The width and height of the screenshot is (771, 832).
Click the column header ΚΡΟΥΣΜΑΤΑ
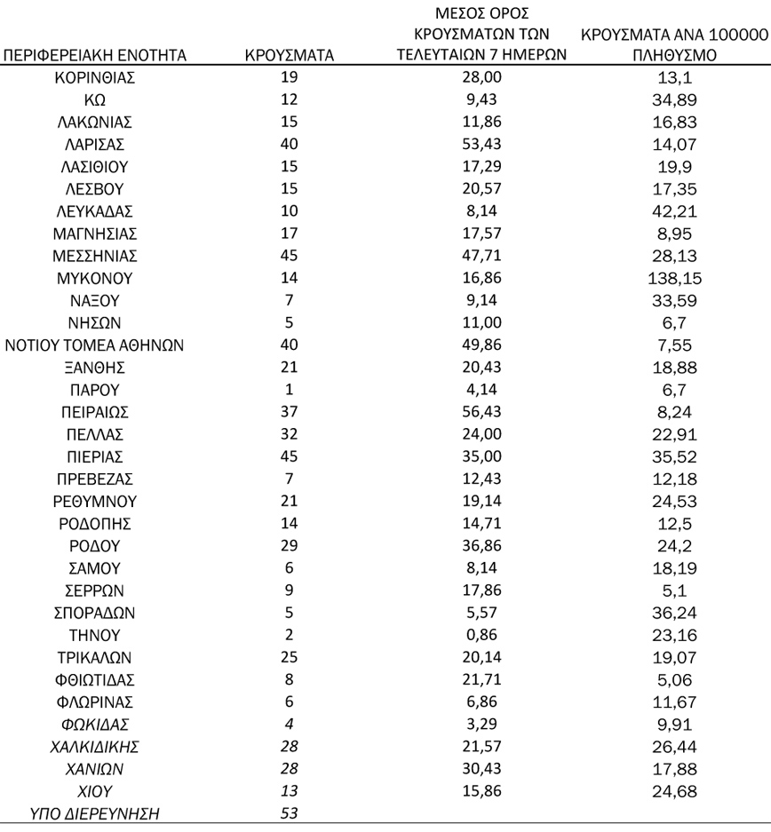pyautogui.click(x=289, y=56)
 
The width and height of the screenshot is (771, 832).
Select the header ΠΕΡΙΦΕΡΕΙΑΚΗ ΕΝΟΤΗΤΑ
pyautogui.click(x=95, y=56)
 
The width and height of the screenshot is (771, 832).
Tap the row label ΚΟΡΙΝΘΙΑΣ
pyautogui.click(x=94, y=78)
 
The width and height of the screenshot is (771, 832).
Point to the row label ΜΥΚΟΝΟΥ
pyautogui.click(x=94, y=279)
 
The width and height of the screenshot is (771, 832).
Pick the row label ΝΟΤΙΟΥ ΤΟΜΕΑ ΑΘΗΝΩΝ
pyautogui.click(x=94, y=345)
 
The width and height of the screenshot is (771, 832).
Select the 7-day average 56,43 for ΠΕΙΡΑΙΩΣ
pyautogui.click(x=483, y=412)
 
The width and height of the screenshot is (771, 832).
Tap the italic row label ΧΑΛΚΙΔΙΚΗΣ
pyautogui.click(x=94, y=747)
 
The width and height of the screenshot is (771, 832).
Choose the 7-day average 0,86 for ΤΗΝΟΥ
pyautogui.click(x=483, y=635)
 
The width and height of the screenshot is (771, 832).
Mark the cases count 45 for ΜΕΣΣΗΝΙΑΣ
pyautogui.click(x=289, y=257)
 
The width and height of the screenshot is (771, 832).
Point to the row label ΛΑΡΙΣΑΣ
pyautogui.click(x=94, y=145)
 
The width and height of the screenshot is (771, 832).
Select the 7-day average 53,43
pyautogui.click(x=483, y=145)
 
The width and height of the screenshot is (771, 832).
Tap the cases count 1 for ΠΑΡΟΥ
pyautogui.click(x=289, y=390)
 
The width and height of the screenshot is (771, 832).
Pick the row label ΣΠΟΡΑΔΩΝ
pyautogui.click(x=94, y=613)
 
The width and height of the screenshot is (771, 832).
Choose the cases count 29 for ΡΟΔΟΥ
pyautogui.click(x=289, y=546)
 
